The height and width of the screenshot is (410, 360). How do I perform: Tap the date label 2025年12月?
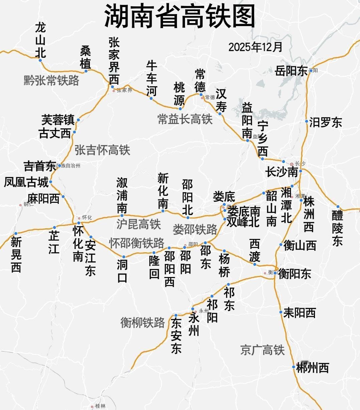[255, 47]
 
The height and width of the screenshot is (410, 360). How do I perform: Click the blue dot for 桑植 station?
[86, 71]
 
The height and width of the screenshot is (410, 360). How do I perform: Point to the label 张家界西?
[114, 60]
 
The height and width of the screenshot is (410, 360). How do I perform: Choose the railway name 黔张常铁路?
[51, 81]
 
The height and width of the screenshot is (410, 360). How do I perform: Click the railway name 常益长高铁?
[185, 119]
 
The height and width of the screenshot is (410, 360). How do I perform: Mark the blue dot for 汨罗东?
[307, 121]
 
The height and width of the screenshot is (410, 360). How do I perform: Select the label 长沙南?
[282, 172]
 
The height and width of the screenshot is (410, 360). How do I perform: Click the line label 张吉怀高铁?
[102, 150]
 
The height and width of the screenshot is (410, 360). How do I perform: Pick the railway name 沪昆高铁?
[139, 224]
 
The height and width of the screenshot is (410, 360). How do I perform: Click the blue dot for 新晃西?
[16, 234]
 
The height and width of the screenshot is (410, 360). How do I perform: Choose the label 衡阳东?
[294, 274]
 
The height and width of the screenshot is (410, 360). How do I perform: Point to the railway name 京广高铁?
[262, 350]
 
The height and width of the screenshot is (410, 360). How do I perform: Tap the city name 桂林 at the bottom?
[100, 406]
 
